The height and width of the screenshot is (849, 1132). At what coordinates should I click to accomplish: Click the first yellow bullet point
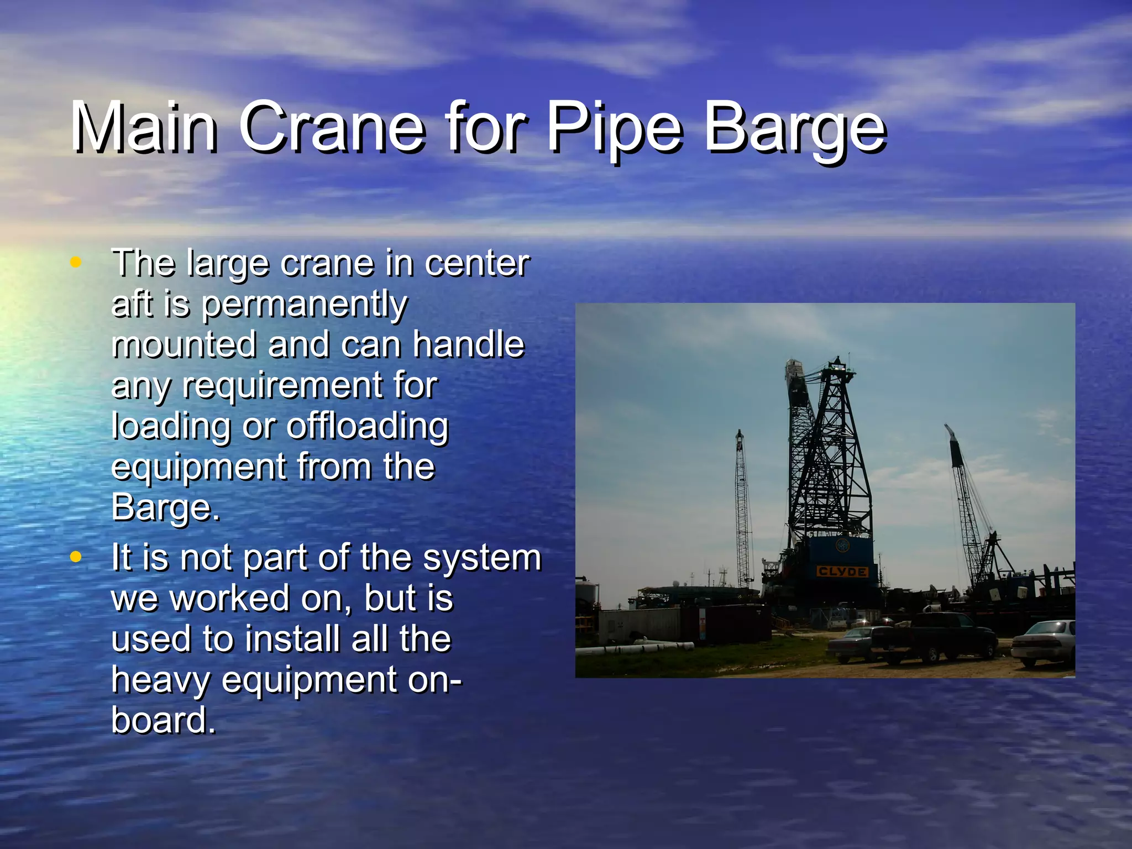click(x=76, y=262)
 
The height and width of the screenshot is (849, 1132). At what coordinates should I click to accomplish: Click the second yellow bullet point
click(x=76, y=557)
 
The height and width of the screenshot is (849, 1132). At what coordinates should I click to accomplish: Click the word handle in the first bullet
click(x=468, y=344)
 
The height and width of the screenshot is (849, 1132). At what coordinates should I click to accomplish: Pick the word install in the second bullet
click(x=293, y=639)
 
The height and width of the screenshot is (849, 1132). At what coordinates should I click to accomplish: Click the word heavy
click(x=160, y=680)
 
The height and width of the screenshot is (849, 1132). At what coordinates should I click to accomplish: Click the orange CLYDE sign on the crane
click(x=842, y=571)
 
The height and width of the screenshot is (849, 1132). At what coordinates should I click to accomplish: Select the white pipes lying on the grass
click(x=641, y=647)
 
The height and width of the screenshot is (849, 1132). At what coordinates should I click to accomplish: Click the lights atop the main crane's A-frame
click(x=839, y=362)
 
